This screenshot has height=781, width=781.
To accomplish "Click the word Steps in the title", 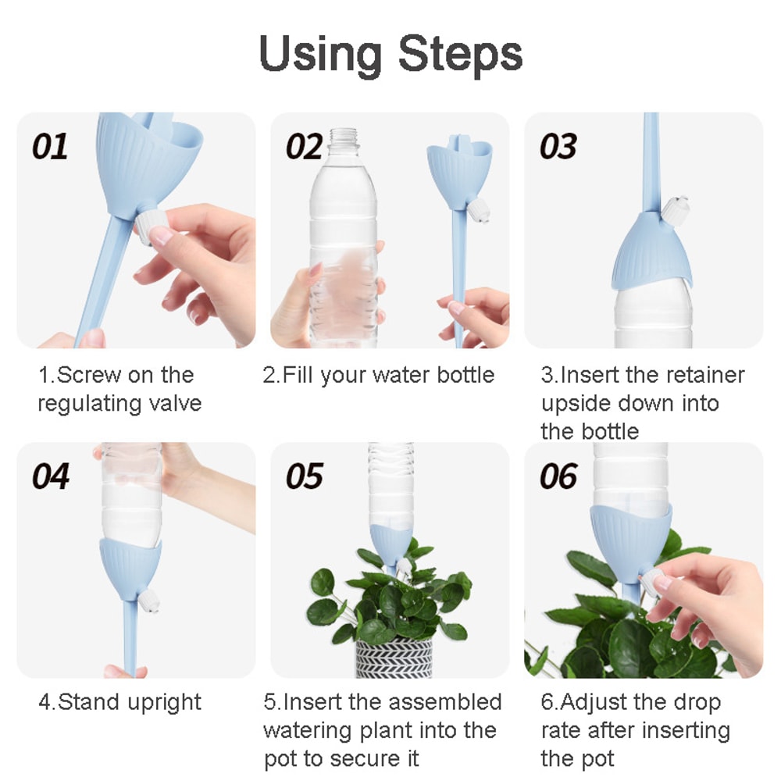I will tap(460, 55).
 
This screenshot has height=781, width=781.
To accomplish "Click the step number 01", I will tap(50, 147).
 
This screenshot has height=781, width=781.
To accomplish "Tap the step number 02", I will tap(305, 147).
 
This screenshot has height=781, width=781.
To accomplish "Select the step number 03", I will tap(558, 147).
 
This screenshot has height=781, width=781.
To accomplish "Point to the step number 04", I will tap(50, 476).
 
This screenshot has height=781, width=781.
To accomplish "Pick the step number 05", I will tap(305, 476).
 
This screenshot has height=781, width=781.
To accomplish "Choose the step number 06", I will tap(558, 476).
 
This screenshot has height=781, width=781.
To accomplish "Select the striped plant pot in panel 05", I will tap(394, 659).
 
